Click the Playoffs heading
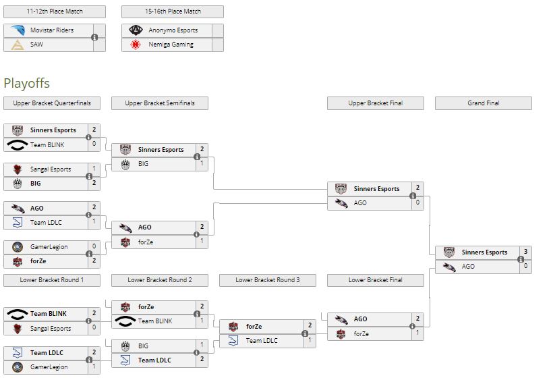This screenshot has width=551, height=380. pos(26,83)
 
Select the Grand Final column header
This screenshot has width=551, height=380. pos(483,103)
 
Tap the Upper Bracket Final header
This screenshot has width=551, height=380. pos(375,103)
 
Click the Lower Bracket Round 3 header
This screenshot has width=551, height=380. pos(267,280)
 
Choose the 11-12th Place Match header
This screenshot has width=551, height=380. pos(54,11)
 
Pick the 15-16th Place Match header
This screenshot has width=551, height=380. pos(172,11)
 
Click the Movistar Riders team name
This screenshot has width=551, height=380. pos(52,30)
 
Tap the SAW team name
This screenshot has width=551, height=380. pos(36,45)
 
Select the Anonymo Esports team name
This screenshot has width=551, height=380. pos(173,30)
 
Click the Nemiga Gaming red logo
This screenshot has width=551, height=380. pos(136,45)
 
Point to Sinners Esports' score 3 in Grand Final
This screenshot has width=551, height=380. pos(525,252)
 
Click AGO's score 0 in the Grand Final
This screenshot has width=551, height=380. pos(525,267)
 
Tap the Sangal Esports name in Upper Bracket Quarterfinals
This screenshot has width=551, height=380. pos(51,169)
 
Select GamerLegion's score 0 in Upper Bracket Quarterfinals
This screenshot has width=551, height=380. pos(94,247)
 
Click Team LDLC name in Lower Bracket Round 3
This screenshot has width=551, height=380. pos(262,341)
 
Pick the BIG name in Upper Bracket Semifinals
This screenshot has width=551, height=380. pos(144,164)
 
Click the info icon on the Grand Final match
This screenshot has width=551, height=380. pos(521,259)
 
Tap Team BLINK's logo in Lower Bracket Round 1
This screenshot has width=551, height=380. pos(17,314)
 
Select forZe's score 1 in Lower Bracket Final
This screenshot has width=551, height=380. pos(417,333)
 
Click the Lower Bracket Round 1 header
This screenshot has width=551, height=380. pos(51,280)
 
